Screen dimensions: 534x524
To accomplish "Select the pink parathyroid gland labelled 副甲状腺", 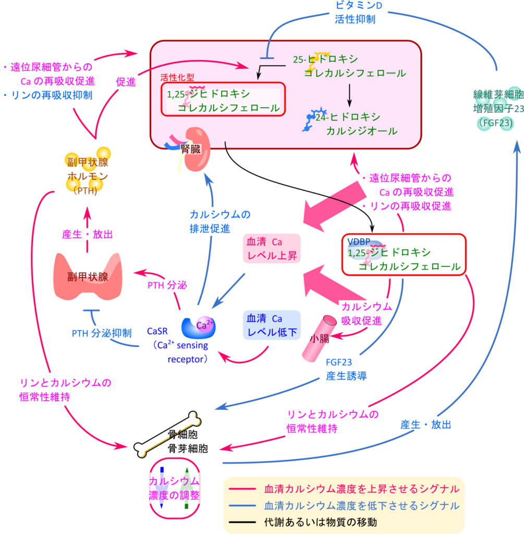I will pos(88,276).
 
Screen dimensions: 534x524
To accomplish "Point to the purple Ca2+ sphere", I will pos(204,325).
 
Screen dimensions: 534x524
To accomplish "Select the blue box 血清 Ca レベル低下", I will pos(272,325).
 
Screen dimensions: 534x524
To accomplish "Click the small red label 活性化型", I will pos(177,77).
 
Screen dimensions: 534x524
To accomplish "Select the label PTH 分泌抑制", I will pos(101,333).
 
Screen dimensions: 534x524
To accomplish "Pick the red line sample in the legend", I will pos(245,490).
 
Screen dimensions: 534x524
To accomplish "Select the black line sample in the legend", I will pos(245,521).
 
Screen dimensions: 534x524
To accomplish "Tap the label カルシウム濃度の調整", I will pos(174,488).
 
